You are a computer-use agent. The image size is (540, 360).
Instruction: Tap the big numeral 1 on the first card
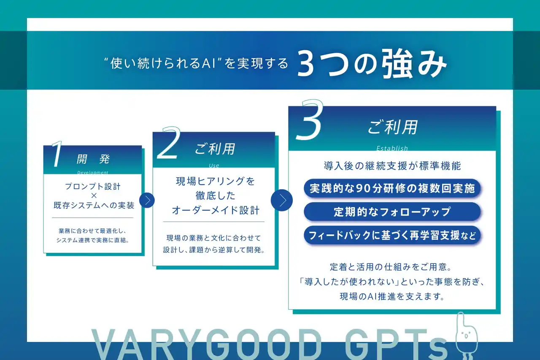click(57, 154)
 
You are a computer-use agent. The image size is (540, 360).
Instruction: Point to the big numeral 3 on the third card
click(310, 119)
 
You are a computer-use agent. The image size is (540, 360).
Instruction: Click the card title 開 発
click(93, 159)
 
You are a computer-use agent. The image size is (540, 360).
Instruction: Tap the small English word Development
click(93, 173)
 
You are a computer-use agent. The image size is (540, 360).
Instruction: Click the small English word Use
click(214, 165)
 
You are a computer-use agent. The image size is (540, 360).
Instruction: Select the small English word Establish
click(392, 148)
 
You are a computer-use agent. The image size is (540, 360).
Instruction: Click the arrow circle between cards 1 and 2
click(147, 200)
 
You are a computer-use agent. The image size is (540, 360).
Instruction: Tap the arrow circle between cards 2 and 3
click(281, 200)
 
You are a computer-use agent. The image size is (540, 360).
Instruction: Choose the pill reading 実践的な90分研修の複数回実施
click(392, 188)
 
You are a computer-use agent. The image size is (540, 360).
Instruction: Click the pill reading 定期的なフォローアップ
click(392, 211)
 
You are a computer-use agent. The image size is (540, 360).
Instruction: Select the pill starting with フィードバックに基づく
click(392, 235)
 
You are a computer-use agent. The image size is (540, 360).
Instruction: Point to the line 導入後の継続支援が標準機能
click(392, 166)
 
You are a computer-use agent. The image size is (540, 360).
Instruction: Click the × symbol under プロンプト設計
click(94, 195)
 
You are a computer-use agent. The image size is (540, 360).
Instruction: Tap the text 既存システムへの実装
click(94, 206)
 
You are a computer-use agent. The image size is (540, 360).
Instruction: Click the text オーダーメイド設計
click(216, 210)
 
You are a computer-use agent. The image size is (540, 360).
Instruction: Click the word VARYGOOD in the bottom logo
click(207, 344)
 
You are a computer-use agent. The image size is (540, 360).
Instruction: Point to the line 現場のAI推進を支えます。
click(392, 296)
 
